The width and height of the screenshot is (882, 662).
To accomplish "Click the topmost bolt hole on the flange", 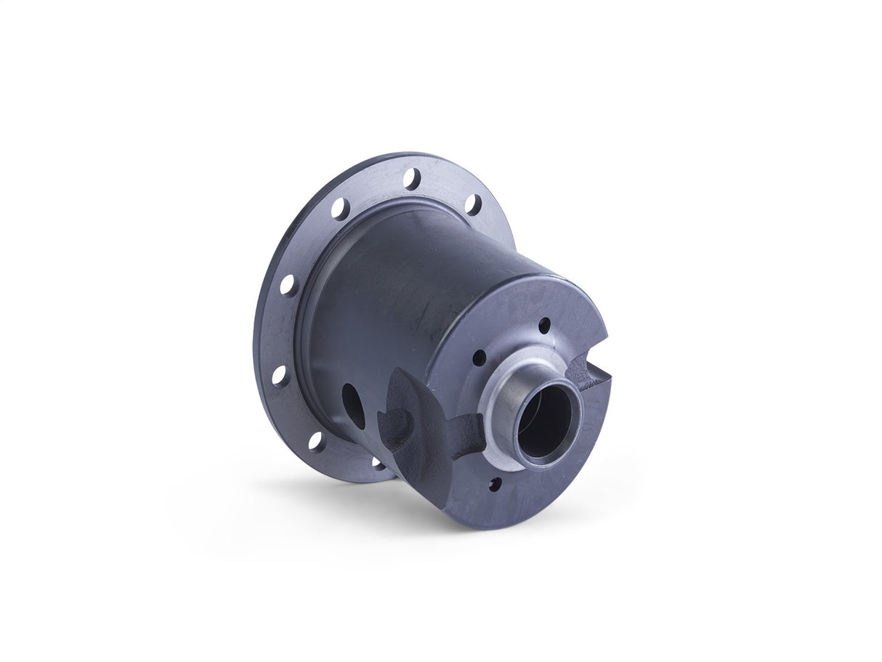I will pos(411,177).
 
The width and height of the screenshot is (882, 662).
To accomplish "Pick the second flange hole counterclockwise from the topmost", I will pos(288,284).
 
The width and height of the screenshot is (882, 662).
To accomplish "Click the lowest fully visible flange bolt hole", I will pos(316,440).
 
